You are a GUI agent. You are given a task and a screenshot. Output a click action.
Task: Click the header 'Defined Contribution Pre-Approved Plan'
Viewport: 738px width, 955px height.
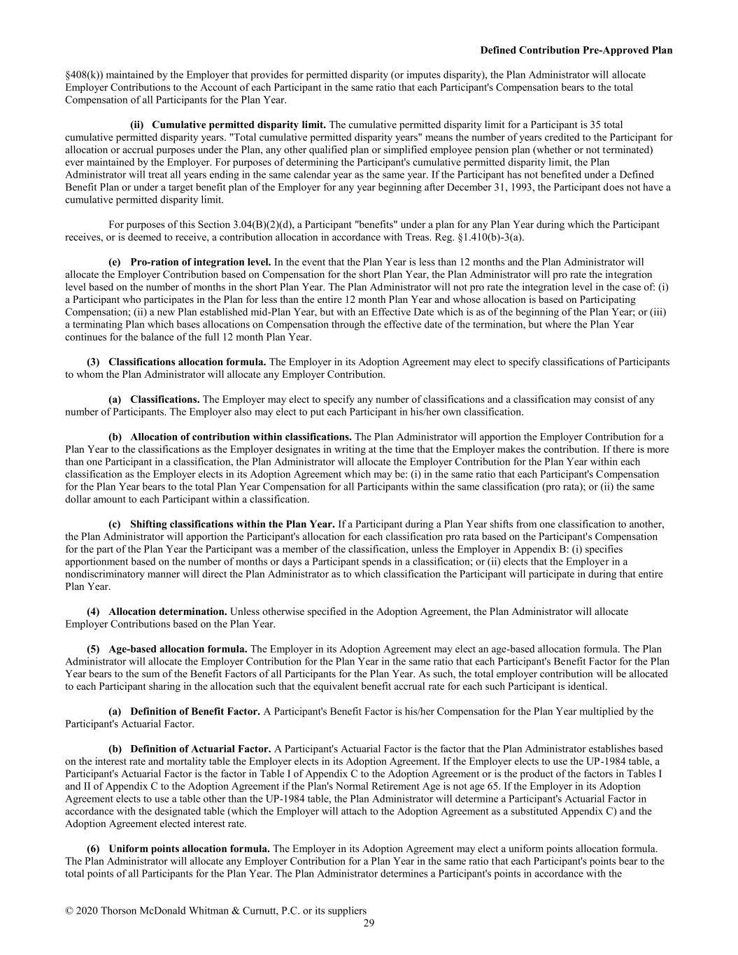(x=576, y=50)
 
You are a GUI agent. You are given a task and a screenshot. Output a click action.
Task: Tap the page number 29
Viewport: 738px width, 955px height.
(x=369, y=924)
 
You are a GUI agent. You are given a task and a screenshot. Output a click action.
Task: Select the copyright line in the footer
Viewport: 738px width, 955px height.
(x=215, y=911)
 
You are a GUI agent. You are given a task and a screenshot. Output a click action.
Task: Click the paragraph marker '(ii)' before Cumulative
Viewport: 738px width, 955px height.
(x=138, y=125)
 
